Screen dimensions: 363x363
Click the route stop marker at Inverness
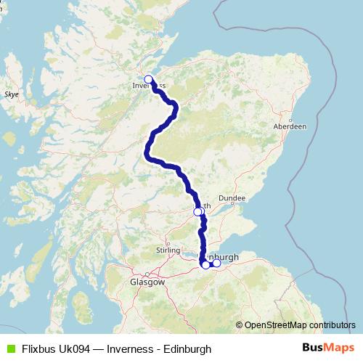click(148, 79)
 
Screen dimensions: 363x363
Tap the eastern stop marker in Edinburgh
click(216, 263)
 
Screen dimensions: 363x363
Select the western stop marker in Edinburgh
click(205, 265)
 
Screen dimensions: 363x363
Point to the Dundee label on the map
click(237, 197)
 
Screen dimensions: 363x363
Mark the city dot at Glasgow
click(147, 274)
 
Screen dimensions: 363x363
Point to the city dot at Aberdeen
click(291, 119)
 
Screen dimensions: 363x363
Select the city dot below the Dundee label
click(232, 204)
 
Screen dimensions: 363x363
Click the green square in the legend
click(9, 348)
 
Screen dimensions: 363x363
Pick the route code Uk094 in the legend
click(75, 348)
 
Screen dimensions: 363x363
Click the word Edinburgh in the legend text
click(186, 348)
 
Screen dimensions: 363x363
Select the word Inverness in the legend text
click(130, 348)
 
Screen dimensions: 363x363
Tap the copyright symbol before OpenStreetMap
click(239, 325)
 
